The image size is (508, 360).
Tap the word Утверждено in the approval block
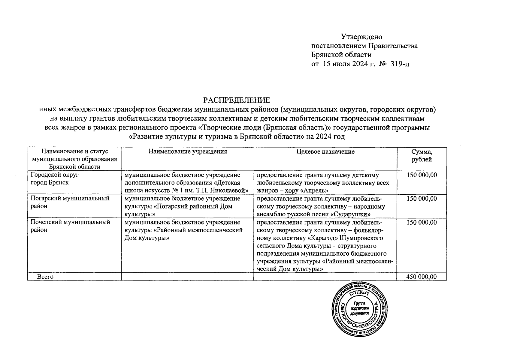[362, 37]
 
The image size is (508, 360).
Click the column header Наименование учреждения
[188, 151]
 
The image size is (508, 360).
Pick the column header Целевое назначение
[325, 151]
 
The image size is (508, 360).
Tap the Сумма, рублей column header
[422, 155]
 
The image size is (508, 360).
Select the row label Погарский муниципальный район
[70, 202]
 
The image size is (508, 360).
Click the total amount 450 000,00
[421, 277]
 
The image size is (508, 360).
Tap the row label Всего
[45, 277]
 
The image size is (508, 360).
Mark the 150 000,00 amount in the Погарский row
[422, 199]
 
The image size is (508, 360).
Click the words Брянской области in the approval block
[341, 55]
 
